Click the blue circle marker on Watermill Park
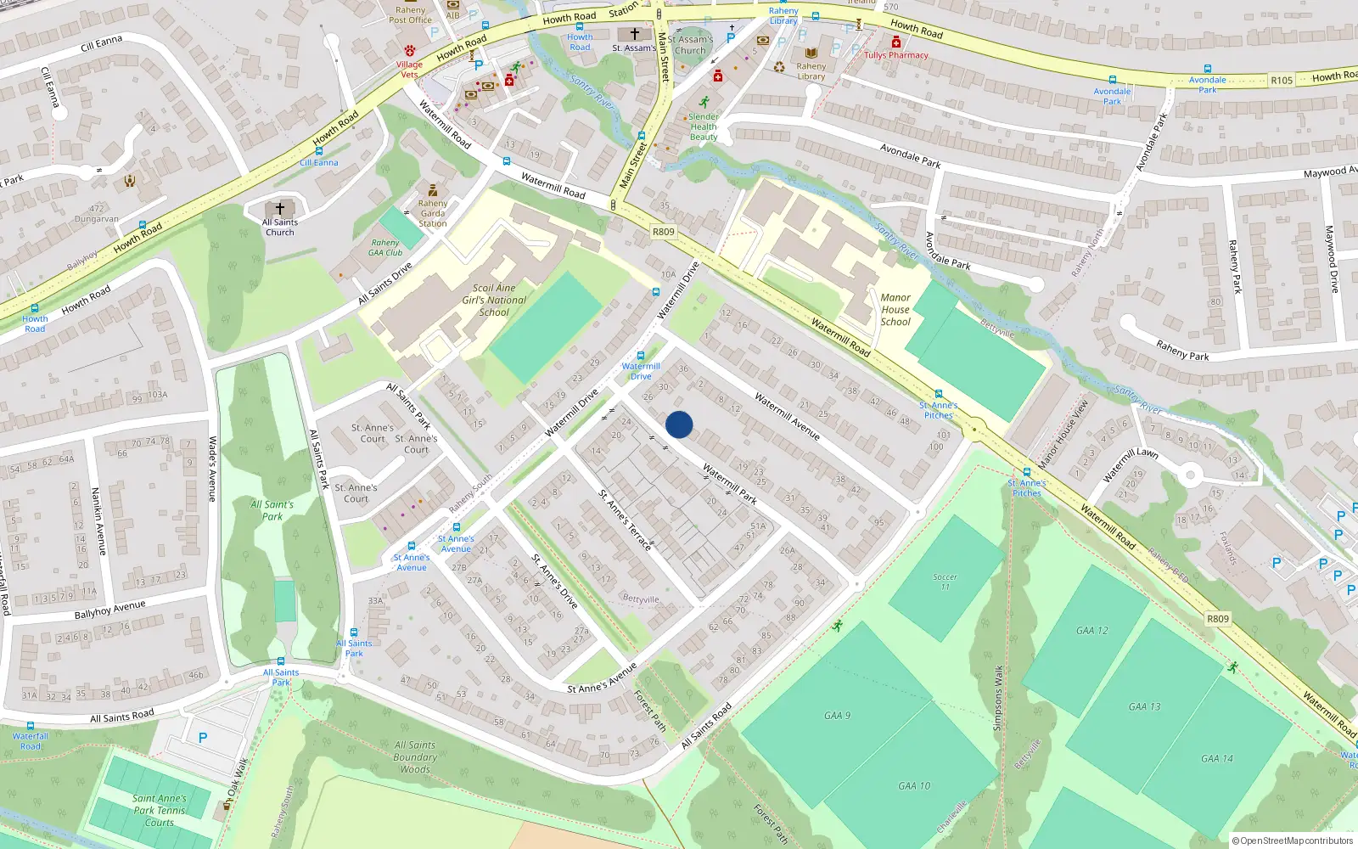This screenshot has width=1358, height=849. (x=679, y=424)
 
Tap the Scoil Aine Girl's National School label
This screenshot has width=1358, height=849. (x=494, y=301)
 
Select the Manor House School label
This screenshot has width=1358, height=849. (x=895, y=310)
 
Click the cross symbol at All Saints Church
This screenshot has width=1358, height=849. (x=280, y=208)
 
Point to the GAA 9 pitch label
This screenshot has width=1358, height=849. (x=837, y=716)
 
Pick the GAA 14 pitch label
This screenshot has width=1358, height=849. (x=1216, y=758)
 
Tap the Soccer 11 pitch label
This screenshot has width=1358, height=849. (x=945, y=582)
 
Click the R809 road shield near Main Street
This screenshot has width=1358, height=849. (x=663, y=232)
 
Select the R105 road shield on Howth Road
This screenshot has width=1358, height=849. (x=1282, y=81)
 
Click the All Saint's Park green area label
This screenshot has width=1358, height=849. (x=272, y=510)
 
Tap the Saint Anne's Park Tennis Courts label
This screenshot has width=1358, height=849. (x=159, y=810)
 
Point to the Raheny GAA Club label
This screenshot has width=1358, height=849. (x=385, y=248)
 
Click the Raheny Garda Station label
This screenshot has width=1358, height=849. (x=433, y=213)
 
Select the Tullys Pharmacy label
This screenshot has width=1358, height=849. (x=896, y=55)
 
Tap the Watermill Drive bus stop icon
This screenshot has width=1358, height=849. (x=641, y=356)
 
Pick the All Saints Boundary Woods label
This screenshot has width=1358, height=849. (x=415, y=757)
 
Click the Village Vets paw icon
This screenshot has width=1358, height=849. (x=410, y=51)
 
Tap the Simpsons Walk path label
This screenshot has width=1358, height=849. (x=998, y=698)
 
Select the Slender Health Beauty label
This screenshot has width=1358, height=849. (x=704, y=127)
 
